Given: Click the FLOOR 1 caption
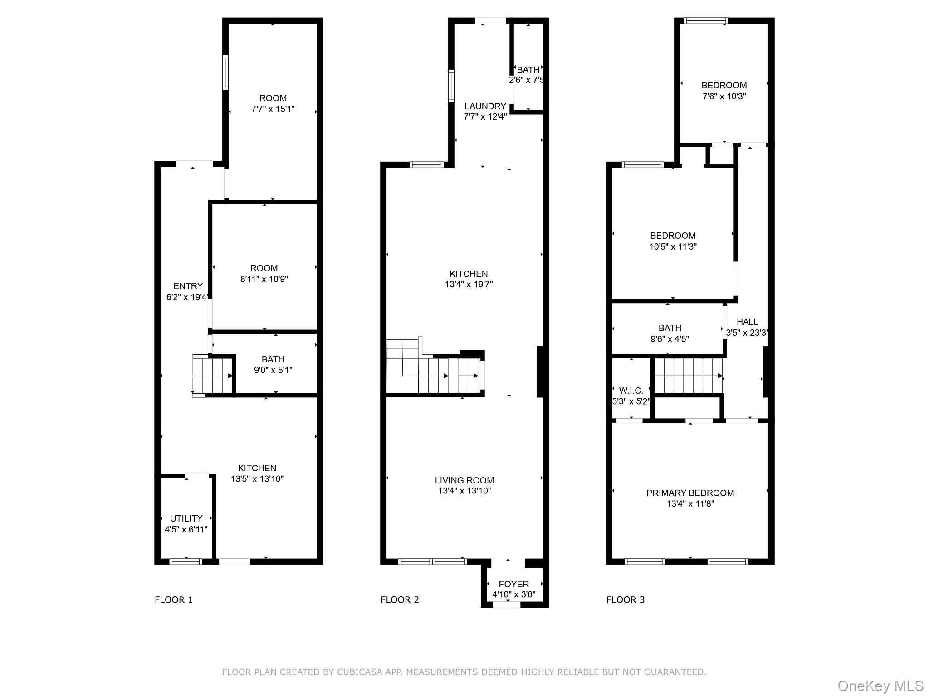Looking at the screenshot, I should coord(174,600).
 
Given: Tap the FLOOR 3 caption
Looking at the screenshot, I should coord(625,600).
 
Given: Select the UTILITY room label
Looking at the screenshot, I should coord(186,518).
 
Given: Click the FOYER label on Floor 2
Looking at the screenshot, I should coord(513,584).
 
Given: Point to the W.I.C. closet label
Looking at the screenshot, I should coord(631,391).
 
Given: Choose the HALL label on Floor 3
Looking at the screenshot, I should coord(747,322).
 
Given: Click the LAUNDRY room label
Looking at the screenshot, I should coord(485,106).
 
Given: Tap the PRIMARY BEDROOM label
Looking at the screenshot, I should coord(690,493).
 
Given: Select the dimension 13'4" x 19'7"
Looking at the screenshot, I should coord(469,285).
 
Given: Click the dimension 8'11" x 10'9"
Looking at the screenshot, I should coord(264,279).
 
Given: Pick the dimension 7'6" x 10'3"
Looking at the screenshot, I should coord(724,96).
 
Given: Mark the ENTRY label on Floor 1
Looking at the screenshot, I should coord(188,286).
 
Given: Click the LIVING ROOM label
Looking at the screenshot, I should coord(464,480).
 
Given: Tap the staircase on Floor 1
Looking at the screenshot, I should coord(212,375).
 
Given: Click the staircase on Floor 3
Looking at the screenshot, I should coord(688,375).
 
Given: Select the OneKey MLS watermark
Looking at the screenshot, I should coord(880,686).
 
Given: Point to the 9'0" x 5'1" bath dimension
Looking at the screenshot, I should coord(273,370).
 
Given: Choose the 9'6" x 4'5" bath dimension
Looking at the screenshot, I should coord(670,339).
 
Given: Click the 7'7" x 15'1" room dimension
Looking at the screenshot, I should coord(273,109).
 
